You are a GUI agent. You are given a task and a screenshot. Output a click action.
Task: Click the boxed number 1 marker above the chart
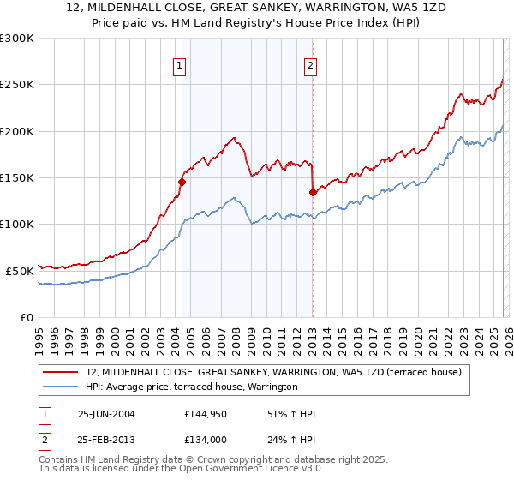tap(180, 64)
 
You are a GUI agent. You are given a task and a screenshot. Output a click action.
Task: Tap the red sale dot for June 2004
tap(182, 182)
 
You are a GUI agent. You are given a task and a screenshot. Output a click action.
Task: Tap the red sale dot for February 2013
tap(313, 192)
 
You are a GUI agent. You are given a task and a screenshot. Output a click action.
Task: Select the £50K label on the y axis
tap(20, 271)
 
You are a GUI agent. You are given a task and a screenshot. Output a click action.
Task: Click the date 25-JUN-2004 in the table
tap(108, 415)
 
